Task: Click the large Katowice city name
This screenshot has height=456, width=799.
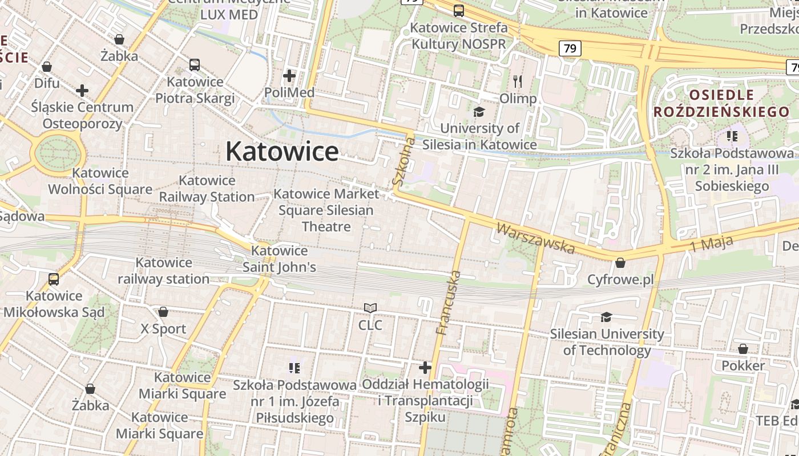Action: [282, 152]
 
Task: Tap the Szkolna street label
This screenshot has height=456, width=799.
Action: [402, 161]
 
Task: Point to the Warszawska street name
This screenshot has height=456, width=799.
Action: [535, 238]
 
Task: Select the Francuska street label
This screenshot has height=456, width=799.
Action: [448, 303]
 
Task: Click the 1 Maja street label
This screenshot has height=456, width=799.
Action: [711, 243]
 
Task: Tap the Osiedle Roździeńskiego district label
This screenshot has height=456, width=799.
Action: [721, 103]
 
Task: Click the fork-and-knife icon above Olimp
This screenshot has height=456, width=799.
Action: [518, 81]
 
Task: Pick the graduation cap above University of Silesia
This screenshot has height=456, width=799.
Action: [479, 111]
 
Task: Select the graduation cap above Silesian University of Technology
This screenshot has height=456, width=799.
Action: [606, 316]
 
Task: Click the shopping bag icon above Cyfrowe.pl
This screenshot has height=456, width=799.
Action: [620, 263]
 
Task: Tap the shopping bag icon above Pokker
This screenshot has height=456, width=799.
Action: [742, 348]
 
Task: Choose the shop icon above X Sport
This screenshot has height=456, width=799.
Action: [163, 312]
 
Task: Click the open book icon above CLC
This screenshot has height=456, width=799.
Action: [370, 308]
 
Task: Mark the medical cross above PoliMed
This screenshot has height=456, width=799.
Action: [289, 75]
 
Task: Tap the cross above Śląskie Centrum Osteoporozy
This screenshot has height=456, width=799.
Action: [82, 90]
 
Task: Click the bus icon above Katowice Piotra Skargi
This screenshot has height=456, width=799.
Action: [195, 65]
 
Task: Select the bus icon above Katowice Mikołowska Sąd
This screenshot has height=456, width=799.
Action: [54, 279]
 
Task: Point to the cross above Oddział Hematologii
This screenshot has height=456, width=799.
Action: [425, 367]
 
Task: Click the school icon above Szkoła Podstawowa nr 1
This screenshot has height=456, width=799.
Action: [294, 368]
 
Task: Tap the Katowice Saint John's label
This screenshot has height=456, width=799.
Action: [279, 259]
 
